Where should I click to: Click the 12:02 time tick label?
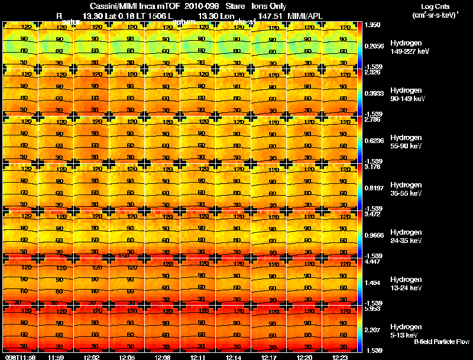(x=92, y=357)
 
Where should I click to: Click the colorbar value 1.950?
(x=372, y=25)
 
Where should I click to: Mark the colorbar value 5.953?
(x=372, y=309)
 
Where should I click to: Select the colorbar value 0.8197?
(x=374, y=188)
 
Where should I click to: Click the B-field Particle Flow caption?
(x=441, y=342)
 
